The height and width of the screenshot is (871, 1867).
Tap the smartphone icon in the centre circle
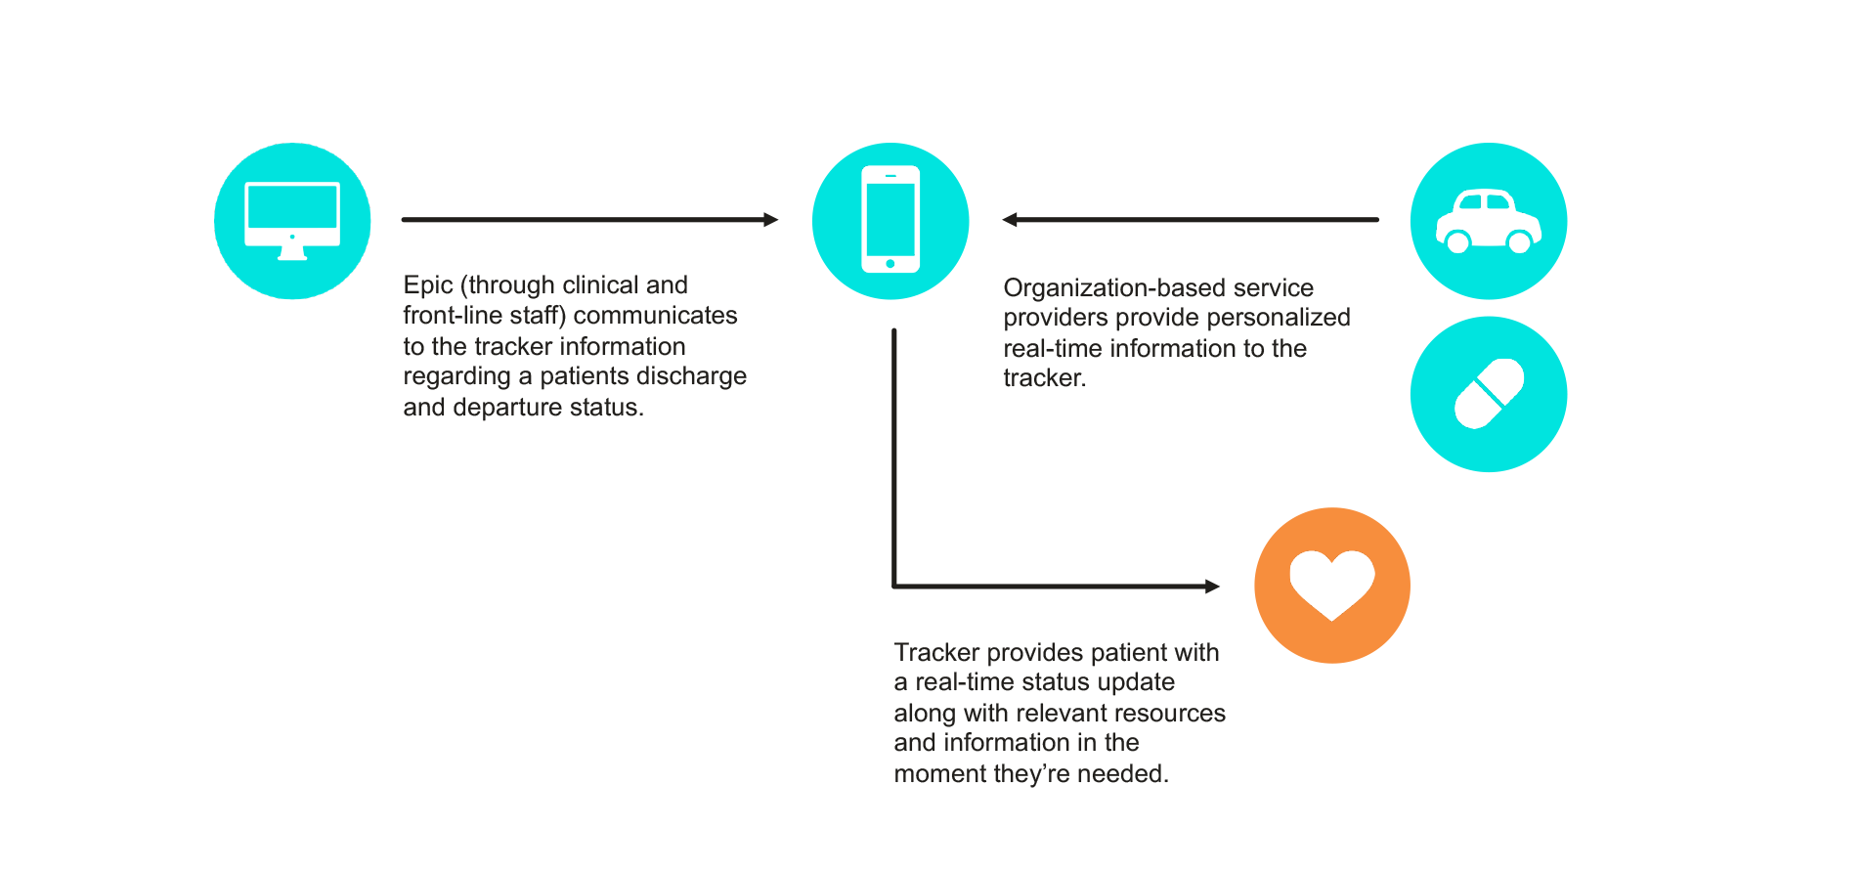click(890, 219)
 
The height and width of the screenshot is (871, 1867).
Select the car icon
click(1488, 222)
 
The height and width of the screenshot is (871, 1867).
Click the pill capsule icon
click(1489, 394)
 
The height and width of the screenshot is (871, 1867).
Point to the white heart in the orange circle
click(1331, 584)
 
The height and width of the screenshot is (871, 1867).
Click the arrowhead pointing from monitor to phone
click(771, 220)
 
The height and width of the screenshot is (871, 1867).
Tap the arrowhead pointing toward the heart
click(1212, 587)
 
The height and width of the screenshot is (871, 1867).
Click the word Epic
click(428, 285)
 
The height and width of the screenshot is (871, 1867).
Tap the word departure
click(506, 408)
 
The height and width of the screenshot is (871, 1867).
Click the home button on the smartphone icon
click(890, 264)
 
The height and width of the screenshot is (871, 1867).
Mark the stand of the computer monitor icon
click(292, 253)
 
